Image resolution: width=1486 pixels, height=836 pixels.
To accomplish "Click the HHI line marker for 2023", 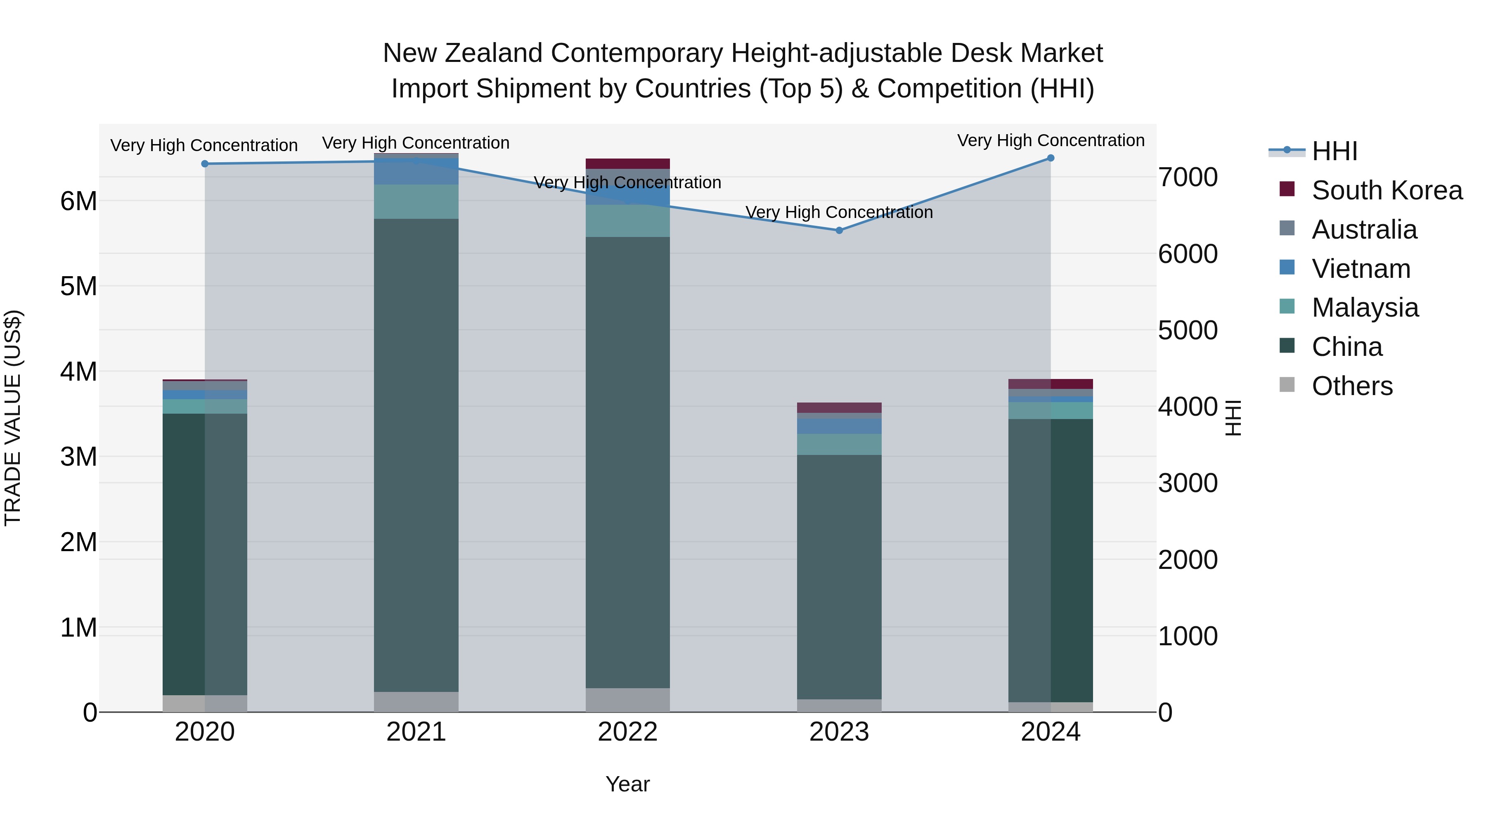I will click(839, 230).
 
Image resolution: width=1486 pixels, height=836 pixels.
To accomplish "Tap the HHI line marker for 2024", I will click(1051, 158).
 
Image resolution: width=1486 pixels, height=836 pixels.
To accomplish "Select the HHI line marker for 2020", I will click(205, 164).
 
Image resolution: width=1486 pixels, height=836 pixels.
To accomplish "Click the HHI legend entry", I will click(1334, 151).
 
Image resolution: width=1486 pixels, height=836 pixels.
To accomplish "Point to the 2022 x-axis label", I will click(627, 732).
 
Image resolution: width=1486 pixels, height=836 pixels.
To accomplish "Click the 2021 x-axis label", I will click(416, 732).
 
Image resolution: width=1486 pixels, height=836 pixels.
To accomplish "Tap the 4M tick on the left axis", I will click(78, 372).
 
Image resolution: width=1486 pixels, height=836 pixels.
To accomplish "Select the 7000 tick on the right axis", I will click(1188, 177).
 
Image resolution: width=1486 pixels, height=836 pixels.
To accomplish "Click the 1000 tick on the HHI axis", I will click(1188, 636).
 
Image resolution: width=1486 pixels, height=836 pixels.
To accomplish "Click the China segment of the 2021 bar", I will click(416, 455).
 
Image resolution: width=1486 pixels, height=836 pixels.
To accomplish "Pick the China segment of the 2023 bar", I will click(839, 577).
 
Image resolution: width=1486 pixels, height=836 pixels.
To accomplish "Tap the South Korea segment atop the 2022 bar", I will click(627, 163).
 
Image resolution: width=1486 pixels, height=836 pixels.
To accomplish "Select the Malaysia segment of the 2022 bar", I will click(627, 221).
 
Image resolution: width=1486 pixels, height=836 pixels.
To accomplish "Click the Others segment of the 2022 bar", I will click(627, 700).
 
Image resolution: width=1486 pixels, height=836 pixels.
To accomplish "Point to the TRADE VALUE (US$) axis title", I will click(13, 418).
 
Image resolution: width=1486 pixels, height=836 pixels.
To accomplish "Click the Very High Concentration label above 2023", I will click(839, 212).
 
